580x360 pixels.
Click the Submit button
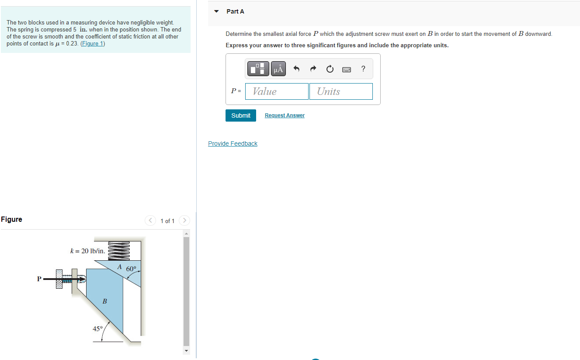(x=241, y=115)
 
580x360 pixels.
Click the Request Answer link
(x=285, y=115)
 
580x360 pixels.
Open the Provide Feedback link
(x=233, y=143)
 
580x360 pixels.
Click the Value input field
(x=277, y=91)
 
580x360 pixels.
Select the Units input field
(x=341, y=91)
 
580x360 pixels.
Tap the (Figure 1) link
(x=93, y=44)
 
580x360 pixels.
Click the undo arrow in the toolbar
(x=296, y=69)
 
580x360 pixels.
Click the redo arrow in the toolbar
(x=313, y=69)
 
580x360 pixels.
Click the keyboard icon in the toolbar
(x=347, y=69)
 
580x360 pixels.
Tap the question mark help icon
(x=363, y=69)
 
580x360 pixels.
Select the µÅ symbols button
(x=278, y=69)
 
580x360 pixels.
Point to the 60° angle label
(x=131, y=269)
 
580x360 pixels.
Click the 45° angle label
(x=97, y=329)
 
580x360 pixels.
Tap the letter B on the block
(x=104, y=301)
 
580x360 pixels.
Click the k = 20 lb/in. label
(x=87, y=251)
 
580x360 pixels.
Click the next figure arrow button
(x=185, y=220)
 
